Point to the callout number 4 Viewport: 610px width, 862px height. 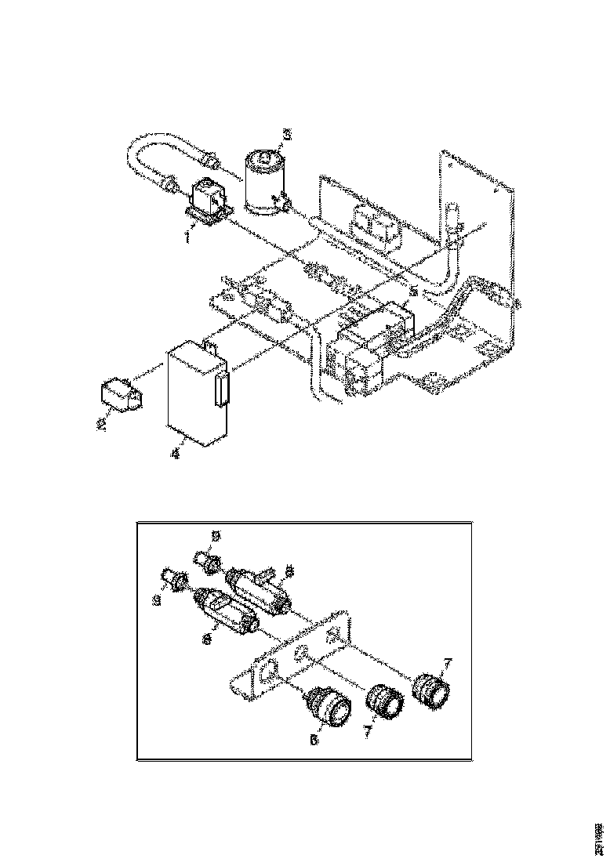[176, 454]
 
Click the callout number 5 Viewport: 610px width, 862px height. [412, 290]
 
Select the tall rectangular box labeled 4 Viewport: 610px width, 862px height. [196, 396]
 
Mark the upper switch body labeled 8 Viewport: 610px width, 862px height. [259, 587]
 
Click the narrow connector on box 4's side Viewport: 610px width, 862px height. [221, 389]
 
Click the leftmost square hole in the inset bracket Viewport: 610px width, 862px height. [269, 670]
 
